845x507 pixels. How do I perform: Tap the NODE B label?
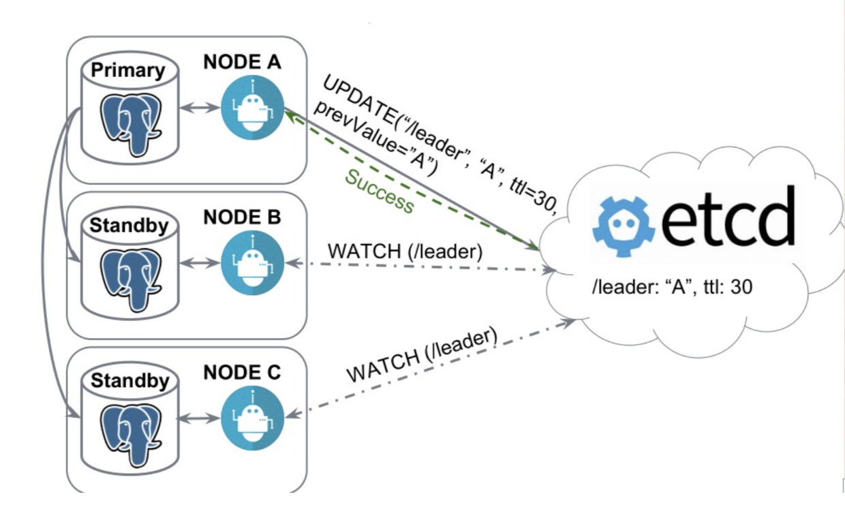(x=242, y=217)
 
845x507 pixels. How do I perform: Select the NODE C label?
(x=242, y=373)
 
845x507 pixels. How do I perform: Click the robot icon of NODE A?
(x=252, y=108)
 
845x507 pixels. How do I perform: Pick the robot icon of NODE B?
(x=252, y=264)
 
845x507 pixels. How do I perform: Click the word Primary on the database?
(x=129, y=70)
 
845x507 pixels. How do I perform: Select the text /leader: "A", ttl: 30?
(x=672, y=288)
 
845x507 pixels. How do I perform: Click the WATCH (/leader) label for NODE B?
(x=405, y=251)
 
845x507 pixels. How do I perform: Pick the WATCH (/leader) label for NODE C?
(x=422, y=356)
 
